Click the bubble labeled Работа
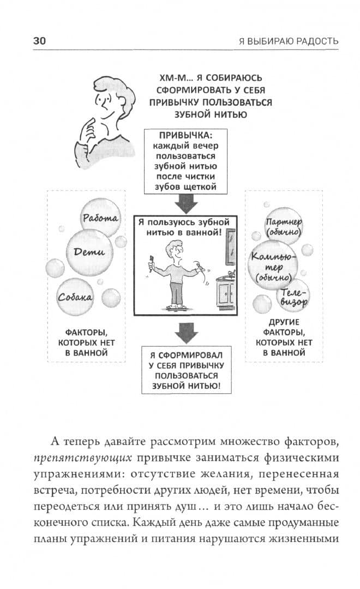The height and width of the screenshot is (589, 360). pos(100,219)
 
